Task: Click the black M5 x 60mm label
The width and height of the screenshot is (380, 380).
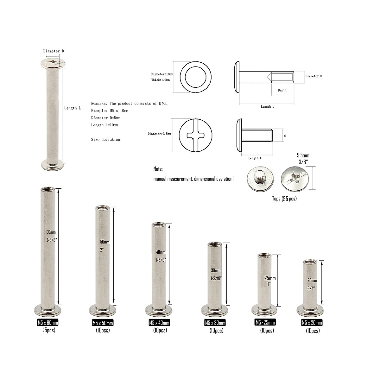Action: (48, 323)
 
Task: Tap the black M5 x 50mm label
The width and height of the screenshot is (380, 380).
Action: (103, 323)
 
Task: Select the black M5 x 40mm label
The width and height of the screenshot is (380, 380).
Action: (159, 323)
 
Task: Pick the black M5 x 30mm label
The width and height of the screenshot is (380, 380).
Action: (215, 323)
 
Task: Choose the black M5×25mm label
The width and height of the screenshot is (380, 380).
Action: (265, 322)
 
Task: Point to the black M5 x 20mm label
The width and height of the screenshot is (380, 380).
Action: (312, 323)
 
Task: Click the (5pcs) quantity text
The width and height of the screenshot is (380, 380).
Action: (49, 330)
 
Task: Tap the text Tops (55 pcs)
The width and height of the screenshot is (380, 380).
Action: (284, 199)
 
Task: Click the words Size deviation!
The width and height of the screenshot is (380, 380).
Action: (106, 139)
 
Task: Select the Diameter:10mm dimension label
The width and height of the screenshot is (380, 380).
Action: (162, 74)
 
